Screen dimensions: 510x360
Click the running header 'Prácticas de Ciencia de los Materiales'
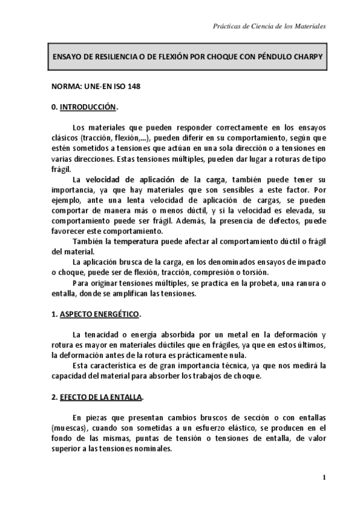point(270,27)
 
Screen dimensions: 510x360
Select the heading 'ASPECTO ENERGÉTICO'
point(100,315)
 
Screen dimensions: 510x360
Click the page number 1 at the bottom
point(324,478)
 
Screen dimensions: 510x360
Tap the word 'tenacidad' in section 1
point(100,335)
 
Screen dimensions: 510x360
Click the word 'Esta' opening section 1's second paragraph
point(80,364)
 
